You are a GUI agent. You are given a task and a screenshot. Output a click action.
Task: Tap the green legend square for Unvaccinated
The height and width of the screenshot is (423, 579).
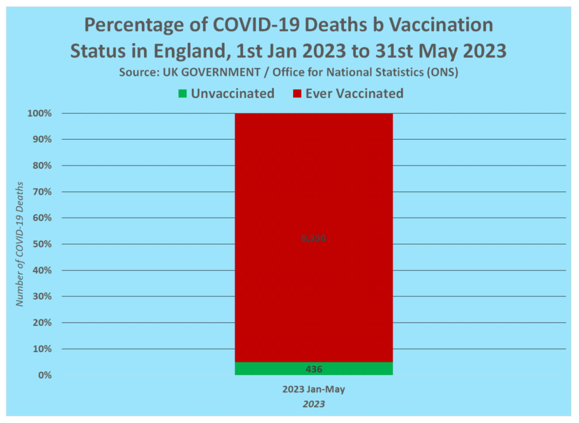pos(182,94)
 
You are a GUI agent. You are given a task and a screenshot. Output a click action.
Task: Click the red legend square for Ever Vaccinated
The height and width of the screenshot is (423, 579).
pos(297,94)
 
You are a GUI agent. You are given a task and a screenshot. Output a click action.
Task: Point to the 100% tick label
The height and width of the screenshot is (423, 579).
pos(40,114)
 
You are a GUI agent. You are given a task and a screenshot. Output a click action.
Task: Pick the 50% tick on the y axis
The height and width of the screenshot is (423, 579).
pos(42,244)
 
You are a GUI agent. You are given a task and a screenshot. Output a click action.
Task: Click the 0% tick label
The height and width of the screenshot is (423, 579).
pos(45,375)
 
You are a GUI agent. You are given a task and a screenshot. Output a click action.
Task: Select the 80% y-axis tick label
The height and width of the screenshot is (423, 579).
pos(42,166)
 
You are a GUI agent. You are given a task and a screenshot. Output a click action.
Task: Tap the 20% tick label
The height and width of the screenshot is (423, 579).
pos(42,323)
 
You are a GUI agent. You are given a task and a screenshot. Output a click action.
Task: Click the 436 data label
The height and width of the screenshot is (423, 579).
pos(314,369)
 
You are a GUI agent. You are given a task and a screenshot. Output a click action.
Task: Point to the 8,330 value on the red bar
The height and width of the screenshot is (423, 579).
pos(314,238)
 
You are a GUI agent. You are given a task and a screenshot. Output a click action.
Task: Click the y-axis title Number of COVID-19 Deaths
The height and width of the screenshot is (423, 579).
pos(19,244)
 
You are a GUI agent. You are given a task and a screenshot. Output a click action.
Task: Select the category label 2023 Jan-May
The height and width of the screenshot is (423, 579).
pos(314,389)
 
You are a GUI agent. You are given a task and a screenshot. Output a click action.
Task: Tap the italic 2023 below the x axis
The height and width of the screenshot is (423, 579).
pos(314,404)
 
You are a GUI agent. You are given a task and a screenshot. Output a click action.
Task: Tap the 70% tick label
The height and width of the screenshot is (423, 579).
pos(42,192)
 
